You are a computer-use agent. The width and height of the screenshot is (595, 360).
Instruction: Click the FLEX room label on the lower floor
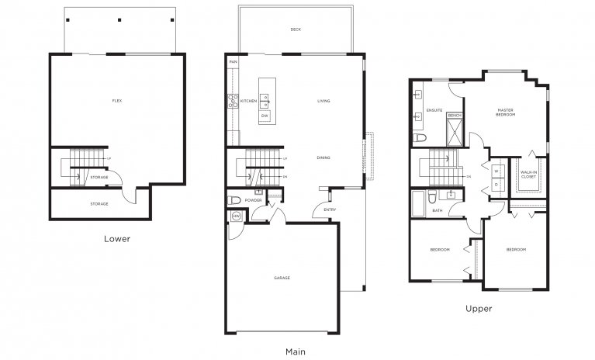(x=116, y=101)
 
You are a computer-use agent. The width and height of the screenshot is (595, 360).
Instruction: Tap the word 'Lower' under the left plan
(x=116, y=239)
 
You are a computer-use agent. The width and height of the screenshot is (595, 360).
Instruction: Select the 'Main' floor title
(x=295, y=351)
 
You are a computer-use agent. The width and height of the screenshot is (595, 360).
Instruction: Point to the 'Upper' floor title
(x=479, y=308)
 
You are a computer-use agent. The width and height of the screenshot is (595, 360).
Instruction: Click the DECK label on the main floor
(x=296, y=30)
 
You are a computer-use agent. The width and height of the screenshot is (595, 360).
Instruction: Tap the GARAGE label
(x=282, y=277)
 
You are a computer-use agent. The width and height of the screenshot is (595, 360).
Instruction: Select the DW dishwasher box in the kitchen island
(x=265, y=116)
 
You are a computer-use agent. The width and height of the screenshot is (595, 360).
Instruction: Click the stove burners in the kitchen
(x=232, y=99)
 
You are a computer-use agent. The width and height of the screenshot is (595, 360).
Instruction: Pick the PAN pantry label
(x=232, y=61)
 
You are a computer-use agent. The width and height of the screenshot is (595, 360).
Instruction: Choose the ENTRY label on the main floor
(x=330, y=209)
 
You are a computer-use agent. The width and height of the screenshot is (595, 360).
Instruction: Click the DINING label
(x=323, y=158)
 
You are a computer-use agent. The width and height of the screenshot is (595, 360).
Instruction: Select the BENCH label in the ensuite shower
(x=455, y=116)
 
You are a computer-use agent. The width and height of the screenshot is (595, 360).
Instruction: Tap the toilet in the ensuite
(x=418, y=137)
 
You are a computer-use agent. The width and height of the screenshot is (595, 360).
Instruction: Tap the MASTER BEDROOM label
(x=506, y=113)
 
